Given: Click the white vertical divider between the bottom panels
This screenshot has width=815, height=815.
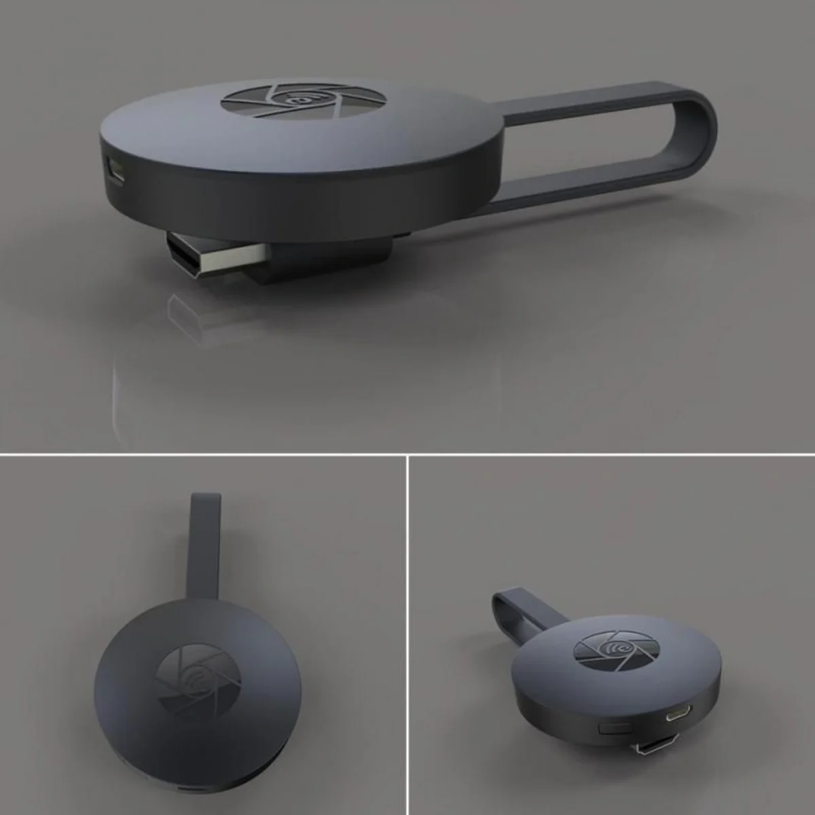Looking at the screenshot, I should pos(407,635).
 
